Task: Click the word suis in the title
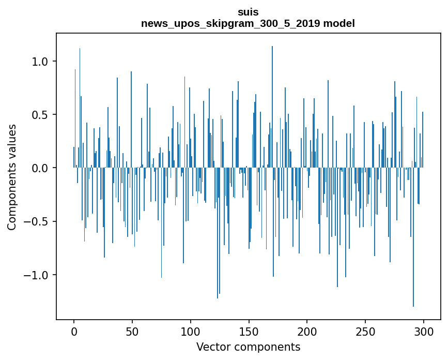click(x=248, y=11)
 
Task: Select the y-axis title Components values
click(x=11, y=177)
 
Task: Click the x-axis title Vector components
click(x=248, y=347)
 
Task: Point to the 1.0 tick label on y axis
click(x=39, y=62)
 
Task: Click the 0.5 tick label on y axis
click(x=39, y=115)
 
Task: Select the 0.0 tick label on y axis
click(x=39, y=168)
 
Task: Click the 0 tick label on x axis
click(x=74, y=331)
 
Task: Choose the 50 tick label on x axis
click(x=132, y=331)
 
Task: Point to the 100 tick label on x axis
click(x=191, y=331)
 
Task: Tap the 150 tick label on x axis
click(x=249, y=331)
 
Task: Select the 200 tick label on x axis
click(x=307, y=331)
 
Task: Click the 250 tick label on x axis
click(x=365, y=331)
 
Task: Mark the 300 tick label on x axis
click(x=424, y=331)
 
